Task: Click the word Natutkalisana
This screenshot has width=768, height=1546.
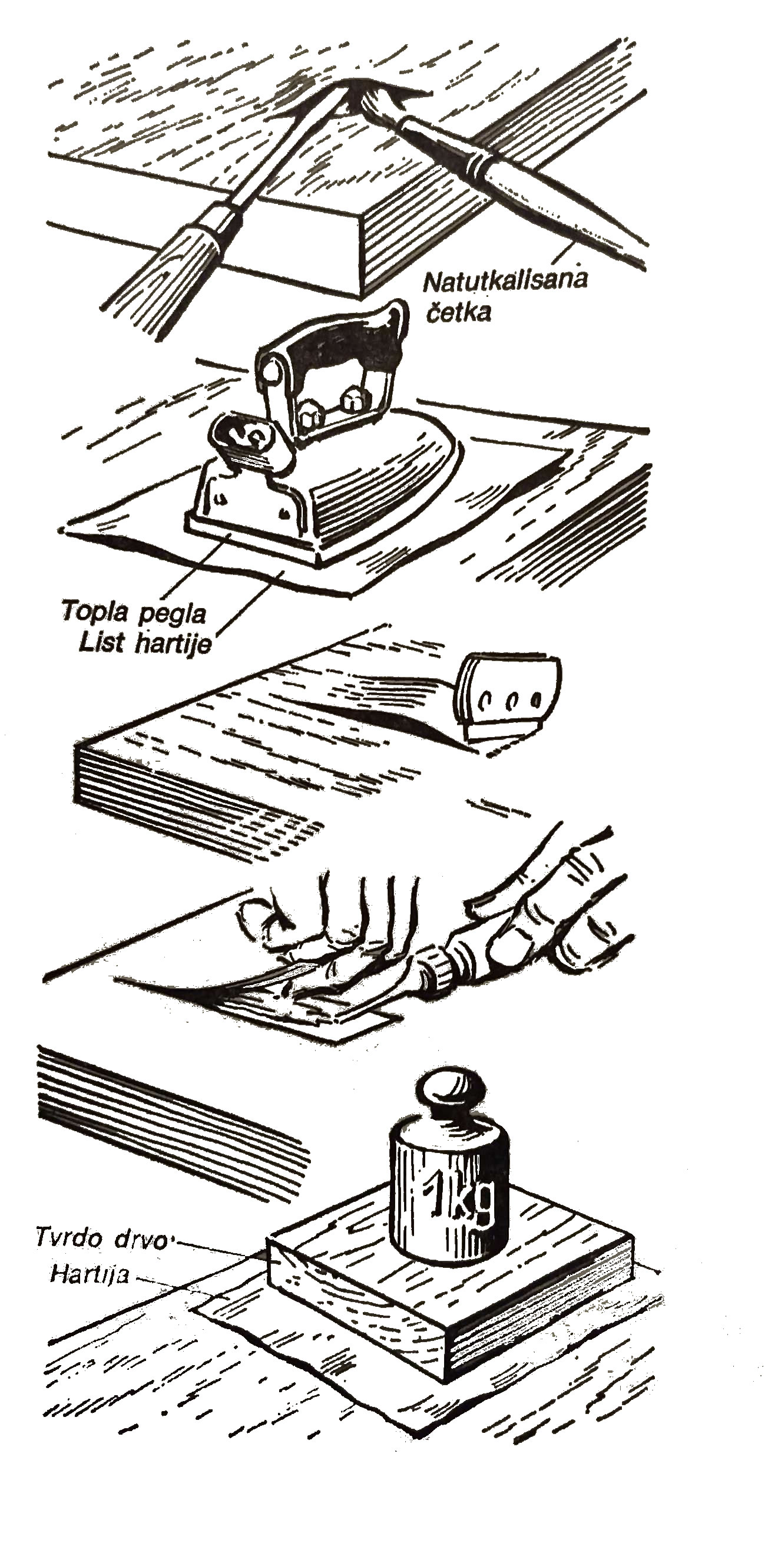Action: pos(505,282)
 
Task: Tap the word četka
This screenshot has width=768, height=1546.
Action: pos(458,312)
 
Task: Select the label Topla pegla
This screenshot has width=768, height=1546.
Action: pos(134,613)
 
